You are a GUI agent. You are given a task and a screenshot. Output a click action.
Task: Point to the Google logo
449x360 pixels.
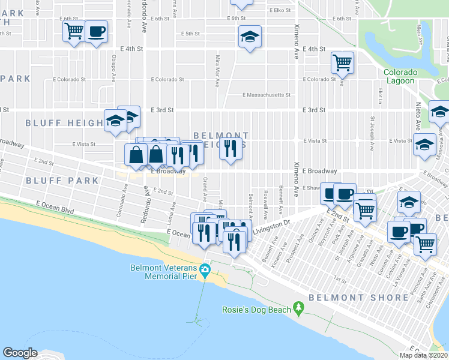tap(20, 352)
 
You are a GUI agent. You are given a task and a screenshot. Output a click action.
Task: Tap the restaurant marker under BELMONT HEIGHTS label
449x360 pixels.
tap(231, 148)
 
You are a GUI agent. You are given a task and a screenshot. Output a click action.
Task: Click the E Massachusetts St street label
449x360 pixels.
tap(267, 95)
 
